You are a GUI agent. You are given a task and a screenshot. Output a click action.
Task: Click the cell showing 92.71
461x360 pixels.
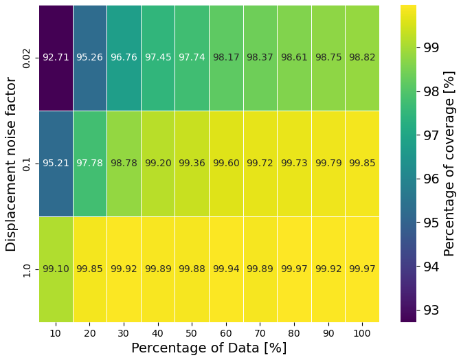coord(56,58)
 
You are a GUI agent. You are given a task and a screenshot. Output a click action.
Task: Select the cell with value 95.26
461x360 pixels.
coord(89,58)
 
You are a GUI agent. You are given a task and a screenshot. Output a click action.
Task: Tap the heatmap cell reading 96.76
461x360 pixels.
coord(124,58)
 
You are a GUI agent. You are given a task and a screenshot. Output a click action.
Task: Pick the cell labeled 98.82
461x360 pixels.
coord(362,58)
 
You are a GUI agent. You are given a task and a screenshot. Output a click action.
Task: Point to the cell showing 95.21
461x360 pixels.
coord(56,164)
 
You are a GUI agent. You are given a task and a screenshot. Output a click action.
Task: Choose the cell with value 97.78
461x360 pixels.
coord(89,164)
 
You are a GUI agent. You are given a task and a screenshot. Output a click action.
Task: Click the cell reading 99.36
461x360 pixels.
coord(192,164)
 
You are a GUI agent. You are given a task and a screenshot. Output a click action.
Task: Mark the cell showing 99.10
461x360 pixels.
coord(56,269)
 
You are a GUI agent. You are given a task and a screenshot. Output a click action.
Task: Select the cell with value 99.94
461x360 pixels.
coord(226,269)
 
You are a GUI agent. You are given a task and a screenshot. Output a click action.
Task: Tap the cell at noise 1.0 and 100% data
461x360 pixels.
coord(362,269)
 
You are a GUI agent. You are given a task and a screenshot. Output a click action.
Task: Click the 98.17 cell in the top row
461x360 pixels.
coord(226,58)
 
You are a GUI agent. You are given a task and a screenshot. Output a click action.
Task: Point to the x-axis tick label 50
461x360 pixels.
coord(192,333)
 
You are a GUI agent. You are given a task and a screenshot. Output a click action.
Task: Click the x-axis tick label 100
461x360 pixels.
coord(362,333)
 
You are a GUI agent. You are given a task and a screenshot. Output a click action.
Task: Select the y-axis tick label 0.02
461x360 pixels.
coord(27,58)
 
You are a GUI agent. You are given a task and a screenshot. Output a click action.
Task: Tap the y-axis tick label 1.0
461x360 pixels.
coord(27,269)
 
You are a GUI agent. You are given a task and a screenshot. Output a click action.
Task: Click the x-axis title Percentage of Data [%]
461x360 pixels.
coord(209,348)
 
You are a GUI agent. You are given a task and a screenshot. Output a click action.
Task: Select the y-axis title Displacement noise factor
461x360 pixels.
coord(11,164)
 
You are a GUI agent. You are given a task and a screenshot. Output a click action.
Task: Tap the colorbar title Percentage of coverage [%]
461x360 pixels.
coord(450,164)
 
